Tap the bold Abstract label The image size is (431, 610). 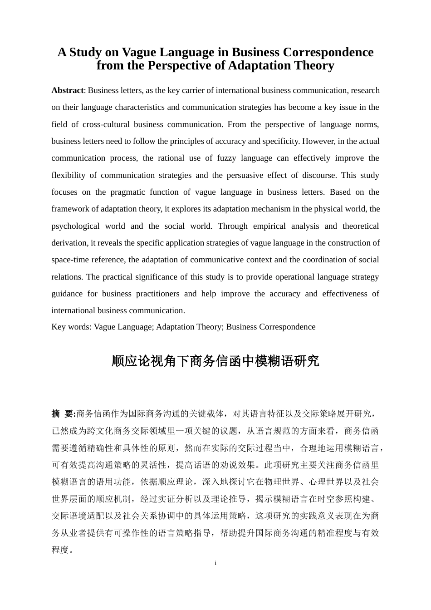point(67,90)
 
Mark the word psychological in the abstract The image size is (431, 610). point(75,226)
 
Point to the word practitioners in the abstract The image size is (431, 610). point(153,294)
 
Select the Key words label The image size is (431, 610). point(71,327)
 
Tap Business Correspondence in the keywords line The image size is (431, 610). point(270,327)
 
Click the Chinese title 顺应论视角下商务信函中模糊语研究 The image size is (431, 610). point(215,361)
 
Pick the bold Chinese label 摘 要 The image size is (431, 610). point(63,414)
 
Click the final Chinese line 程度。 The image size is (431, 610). point(63,550)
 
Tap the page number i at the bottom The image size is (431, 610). point(215,563)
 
